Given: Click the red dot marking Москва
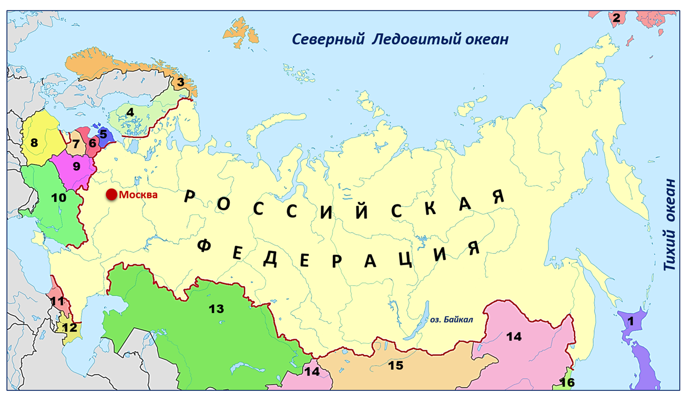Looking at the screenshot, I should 111,195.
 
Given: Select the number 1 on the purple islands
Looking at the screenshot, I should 631,320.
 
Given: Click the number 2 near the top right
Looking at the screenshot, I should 616,18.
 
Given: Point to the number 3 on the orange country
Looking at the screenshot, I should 180,82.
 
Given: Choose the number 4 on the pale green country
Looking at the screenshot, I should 130,112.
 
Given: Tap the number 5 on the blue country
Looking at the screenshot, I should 103,134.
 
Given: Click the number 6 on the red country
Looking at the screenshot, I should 93,143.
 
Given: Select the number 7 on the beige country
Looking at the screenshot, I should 76,143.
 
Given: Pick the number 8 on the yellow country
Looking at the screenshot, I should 34,143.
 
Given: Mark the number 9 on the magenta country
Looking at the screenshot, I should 76,166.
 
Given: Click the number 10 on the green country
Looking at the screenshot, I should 59,198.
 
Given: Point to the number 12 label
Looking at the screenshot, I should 69,327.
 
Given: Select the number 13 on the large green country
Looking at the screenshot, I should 216,308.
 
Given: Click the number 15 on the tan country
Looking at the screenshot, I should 395,365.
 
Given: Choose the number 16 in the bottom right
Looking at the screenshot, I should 567,382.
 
